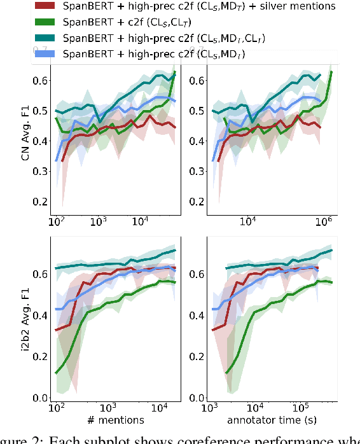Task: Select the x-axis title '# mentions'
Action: (116, 420)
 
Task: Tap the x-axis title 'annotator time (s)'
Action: (273, 420)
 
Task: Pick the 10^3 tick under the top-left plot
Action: (98, 224)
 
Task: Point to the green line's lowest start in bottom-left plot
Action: (57, 373)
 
